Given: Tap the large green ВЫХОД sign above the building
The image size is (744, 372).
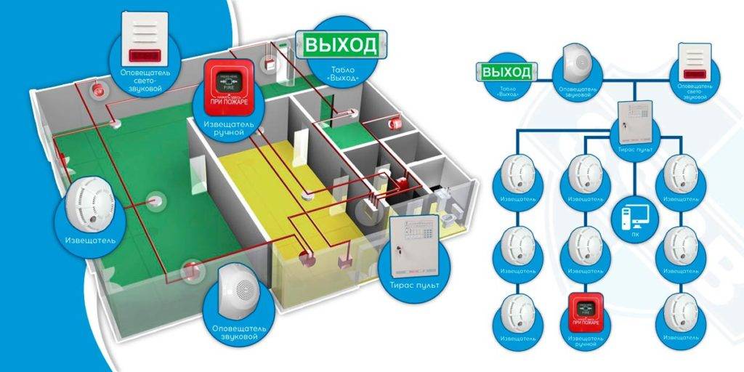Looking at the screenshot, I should coord(340,44).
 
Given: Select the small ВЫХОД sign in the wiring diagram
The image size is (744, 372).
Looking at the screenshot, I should coord(506,72).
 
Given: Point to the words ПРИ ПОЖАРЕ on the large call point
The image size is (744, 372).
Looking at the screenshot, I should coord(229,101).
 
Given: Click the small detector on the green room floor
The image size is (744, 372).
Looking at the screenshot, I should coord(155,199).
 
